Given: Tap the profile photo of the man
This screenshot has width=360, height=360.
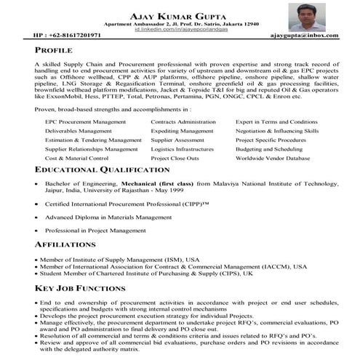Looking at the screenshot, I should pos(305,17).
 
